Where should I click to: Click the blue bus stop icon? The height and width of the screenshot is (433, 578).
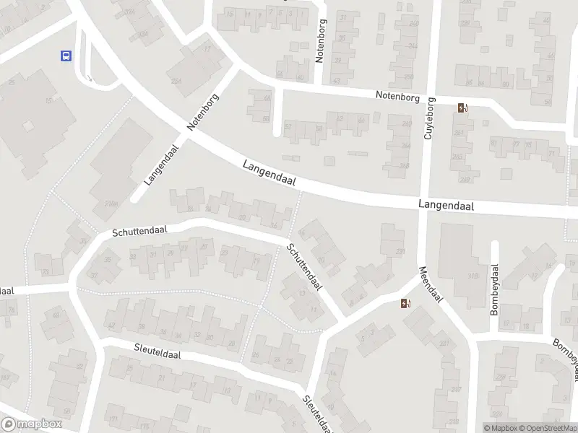point(66,55)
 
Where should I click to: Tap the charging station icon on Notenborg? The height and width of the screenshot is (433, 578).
point(462,109)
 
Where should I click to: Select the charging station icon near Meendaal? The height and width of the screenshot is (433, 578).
point(405,303)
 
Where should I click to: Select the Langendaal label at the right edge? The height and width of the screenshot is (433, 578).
point(446,206)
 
